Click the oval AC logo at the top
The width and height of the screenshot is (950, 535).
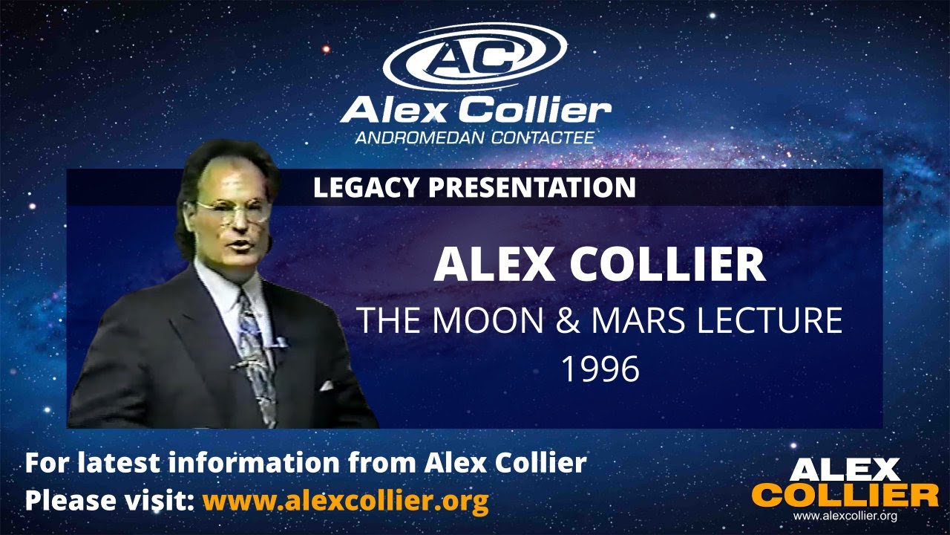475,56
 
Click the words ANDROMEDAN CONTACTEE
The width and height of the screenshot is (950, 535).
475,137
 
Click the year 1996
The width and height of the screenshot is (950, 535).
600,369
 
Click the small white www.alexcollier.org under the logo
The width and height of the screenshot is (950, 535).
845,516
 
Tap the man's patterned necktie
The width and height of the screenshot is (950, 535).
256,349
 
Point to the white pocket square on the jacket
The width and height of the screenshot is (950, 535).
326,386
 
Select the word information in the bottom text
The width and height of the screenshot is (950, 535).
257,463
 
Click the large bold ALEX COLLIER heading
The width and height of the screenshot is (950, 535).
600,265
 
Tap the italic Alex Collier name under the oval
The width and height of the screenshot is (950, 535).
475,110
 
